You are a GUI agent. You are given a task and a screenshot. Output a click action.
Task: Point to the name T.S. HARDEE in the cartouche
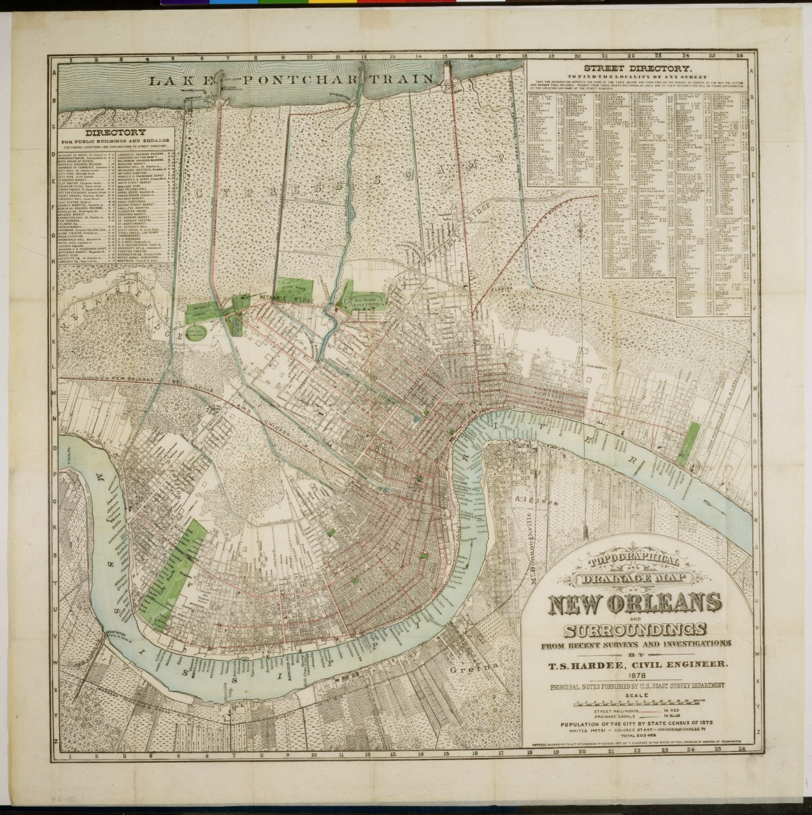pos(590,665)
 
